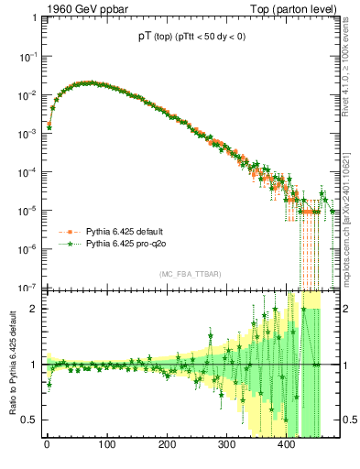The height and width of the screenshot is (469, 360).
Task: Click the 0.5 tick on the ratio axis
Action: tap(30, 420)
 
